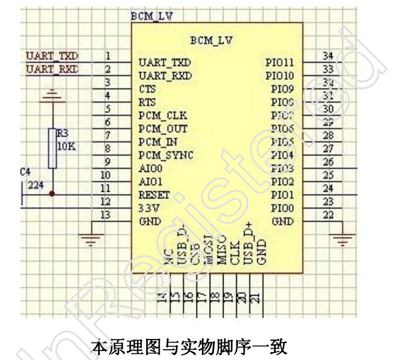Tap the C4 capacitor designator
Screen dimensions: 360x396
pos(25,172)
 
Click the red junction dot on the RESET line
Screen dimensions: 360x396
pos(52,194)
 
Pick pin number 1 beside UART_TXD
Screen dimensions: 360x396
pos(107,56)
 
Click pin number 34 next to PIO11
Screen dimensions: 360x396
pos(327,56)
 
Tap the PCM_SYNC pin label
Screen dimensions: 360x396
pos(166,155)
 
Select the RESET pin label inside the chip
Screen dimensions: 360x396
pos(154,195)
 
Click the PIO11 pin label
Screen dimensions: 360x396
pos(280,63)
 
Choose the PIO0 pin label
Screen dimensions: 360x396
pos(282,208)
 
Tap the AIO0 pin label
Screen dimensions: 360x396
pos(150,168)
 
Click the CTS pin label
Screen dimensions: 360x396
pos(147,89)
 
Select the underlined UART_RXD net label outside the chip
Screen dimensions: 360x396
pos(52,70)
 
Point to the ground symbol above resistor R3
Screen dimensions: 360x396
pos(52,94)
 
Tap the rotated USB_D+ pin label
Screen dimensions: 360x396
pos(248,248)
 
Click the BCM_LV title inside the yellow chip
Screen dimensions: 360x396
pos(211,41)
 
